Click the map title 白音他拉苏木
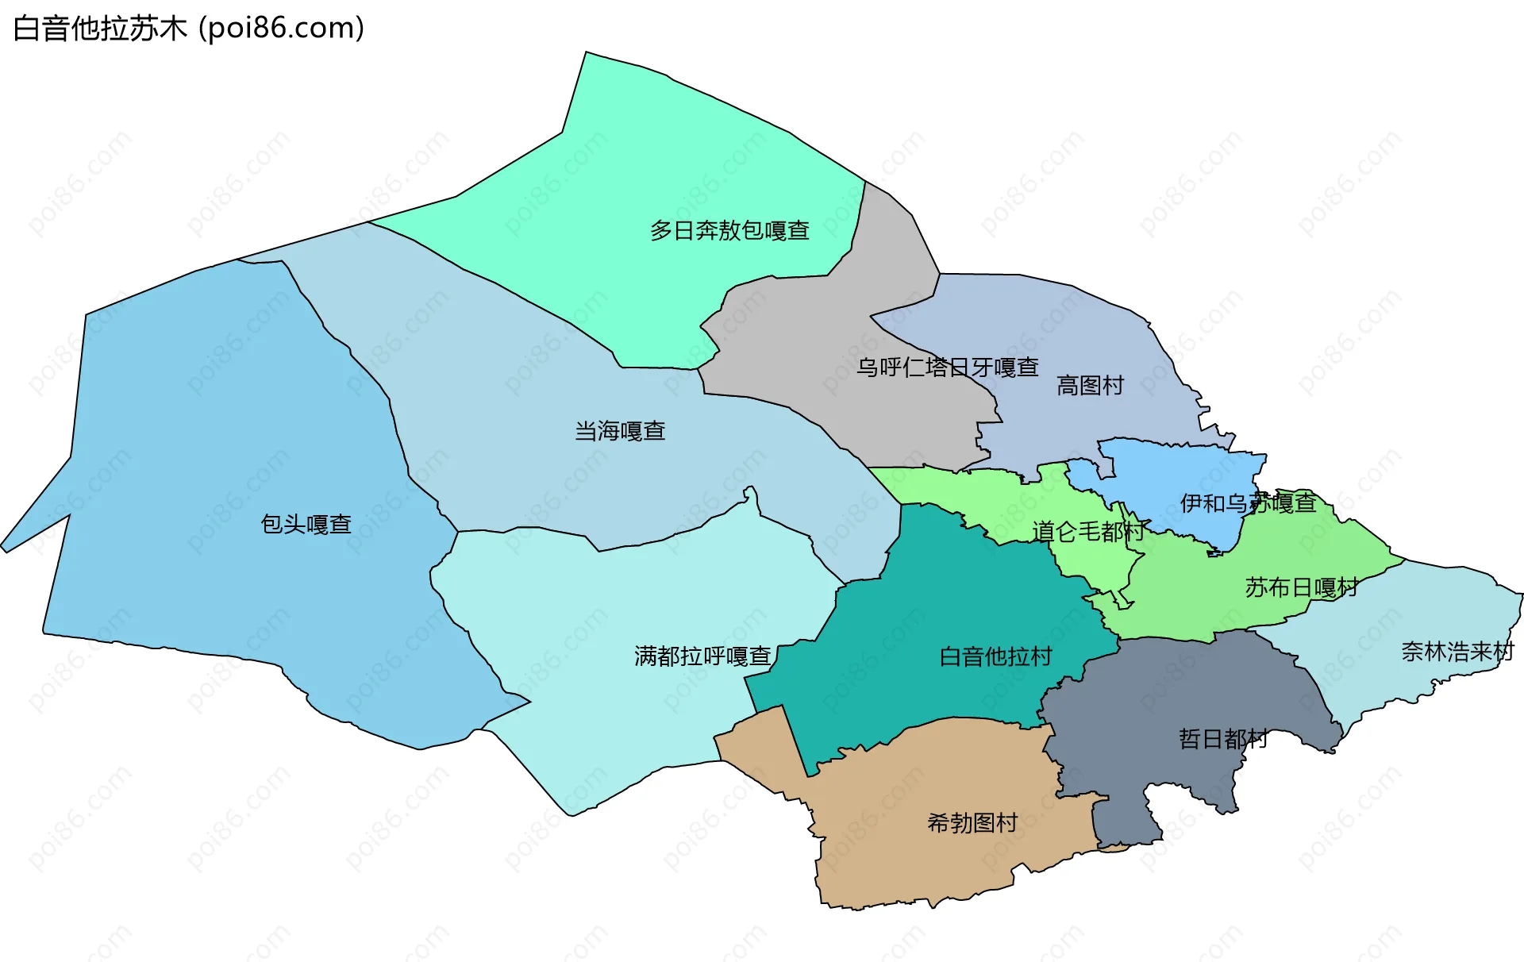(100, 29)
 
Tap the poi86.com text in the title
(281, 29)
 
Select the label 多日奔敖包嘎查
(729, 231)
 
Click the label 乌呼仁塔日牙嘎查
(947, 367)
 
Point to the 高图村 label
(1090, 386)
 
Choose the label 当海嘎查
(620, 431)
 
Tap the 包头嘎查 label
(306, 524)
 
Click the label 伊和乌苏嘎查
(1248, 503)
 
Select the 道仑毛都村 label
(1088, 531)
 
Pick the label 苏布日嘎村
(1302, 587)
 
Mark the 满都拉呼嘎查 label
(702, 656)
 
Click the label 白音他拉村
(995, 656)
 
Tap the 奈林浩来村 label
(1457, 652)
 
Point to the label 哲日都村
(1222, 739)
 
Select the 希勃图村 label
(972, 822)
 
